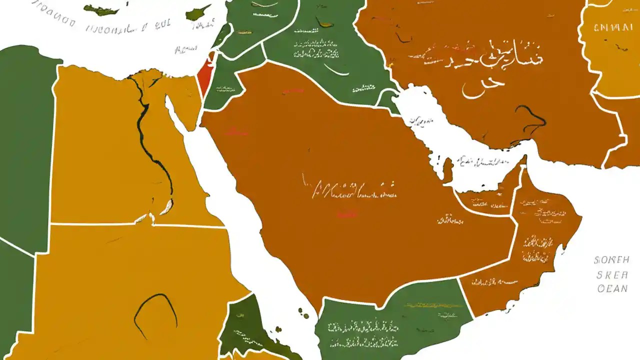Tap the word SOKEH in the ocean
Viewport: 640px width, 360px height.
(610, 260)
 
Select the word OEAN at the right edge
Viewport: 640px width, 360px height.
(612, 289)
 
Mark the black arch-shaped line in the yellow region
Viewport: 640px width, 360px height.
(155, 310)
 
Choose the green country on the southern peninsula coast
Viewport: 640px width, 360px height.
(395, 320)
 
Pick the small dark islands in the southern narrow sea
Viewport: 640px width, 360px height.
(303, 313)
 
